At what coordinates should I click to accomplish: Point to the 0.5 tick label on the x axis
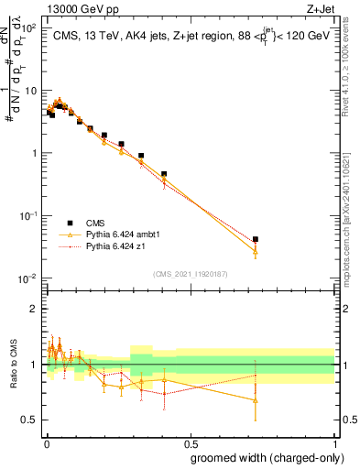(191, 441)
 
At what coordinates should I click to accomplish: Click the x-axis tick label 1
(335, 441)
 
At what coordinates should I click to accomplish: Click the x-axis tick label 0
(46, 441)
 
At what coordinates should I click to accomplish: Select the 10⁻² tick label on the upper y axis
(30, 278)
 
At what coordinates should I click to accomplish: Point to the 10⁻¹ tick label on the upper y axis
(30, 215)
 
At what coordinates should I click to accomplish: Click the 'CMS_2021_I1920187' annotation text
(191, 273)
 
